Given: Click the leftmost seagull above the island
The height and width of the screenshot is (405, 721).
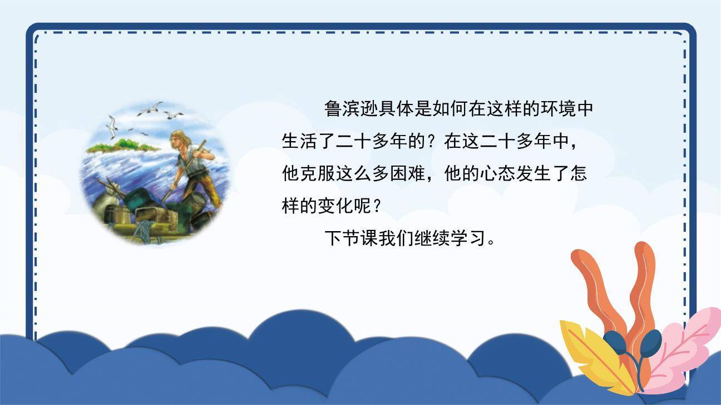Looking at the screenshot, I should pos(112,126).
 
